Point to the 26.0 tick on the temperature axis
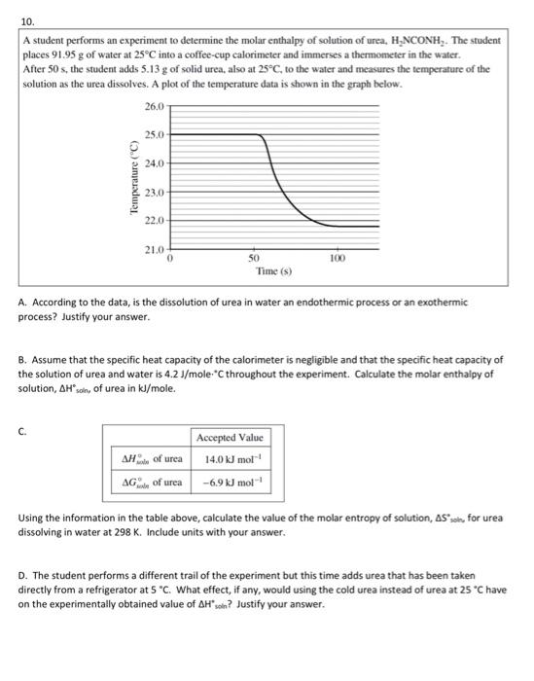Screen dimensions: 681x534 click(154, 106)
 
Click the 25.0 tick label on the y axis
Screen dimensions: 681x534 click(154, 134)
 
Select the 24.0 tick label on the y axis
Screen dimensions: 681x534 click(154, 163)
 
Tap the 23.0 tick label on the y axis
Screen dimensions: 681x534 click(154, 193)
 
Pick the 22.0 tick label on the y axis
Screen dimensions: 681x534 click(154, 221)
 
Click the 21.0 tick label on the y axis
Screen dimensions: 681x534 click(154, 250)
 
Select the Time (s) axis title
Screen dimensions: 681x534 click(274, 272)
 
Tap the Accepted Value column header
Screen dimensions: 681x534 click(230, 439)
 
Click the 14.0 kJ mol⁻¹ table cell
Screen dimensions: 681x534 click(230, 459)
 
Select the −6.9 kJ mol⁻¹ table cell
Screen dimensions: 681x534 click(230, 483)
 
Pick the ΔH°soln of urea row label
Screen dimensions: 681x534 click(151, 459)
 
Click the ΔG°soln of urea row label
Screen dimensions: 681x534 click(151, 483)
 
